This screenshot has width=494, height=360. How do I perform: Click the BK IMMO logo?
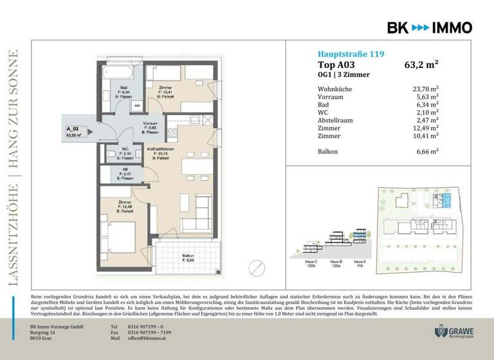coord(429,27)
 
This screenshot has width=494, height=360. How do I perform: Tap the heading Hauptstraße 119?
coord(351,54)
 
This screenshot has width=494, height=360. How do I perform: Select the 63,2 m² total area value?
coord(421,64)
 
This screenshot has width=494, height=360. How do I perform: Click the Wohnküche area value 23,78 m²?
coord(426,89)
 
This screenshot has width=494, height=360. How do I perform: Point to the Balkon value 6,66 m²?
coord(426,151)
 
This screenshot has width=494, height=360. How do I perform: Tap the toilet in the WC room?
coord(113,154)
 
